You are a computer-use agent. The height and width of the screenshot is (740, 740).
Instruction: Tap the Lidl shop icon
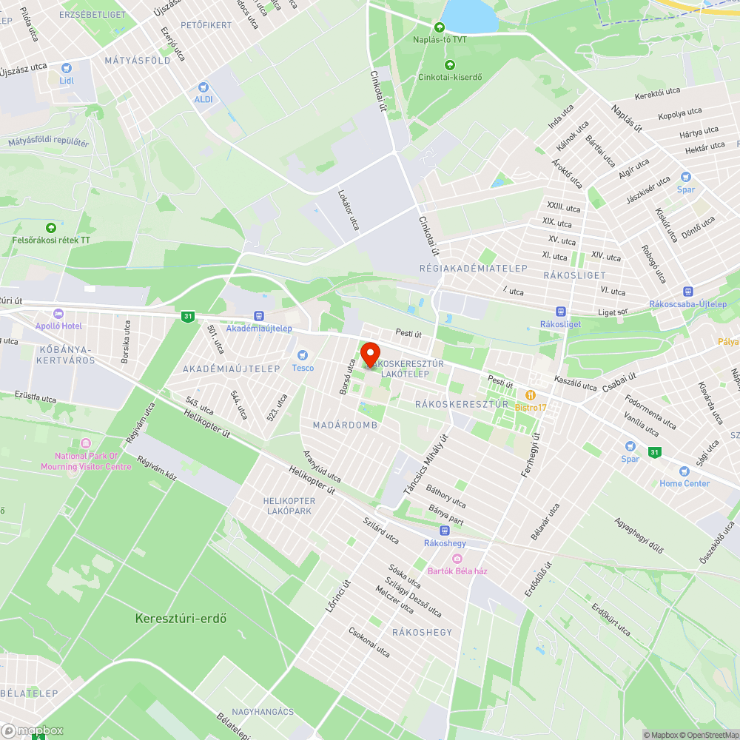point(66,68)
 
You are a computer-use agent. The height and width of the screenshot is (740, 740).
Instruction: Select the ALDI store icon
point(203,87)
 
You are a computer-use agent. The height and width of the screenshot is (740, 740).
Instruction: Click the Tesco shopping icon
point(302,356)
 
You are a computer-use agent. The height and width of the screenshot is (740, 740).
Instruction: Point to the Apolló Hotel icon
point(58,314)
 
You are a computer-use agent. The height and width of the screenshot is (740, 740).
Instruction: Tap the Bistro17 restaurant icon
point(531,395)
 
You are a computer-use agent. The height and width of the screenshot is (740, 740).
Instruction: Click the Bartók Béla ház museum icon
point(457,559)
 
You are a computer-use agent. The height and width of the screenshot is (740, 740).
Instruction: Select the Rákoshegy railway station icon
point(444,531)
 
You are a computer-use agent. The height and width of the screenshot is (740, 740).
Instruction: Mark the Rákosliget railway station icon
point(561,312)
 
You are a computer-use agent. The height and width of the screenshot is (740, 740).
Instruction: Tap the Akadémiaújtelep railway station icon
point(258,316)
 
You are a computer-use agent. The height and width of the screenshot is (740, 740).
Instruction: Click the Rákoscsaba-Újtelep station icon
point(688,292)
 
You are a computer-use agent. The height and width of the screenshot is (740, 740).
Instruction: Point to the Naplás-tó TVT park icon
point(440,27)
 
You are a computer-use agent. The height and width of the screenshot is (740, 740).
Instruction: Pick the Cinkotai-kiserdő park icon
point(450,64)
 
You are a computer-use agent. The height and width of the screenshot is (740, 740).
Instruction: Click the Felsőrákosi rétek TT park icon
point(51,228)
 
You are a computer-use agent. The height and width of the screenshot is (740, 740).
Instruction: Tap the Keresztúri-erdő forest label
point(181,618)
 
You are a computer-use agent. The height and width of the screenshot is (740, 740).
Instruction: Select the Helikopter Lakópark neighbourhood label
point(289,506)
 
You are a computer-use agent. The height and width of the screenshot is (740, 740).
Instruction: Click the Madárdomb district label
point(345,425)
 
